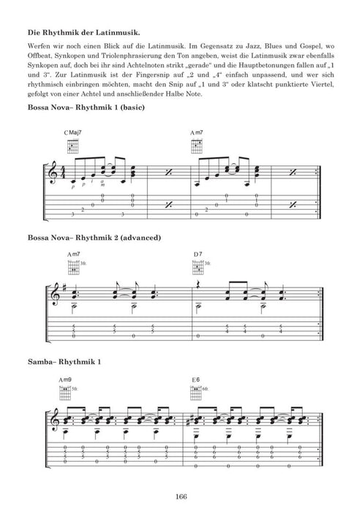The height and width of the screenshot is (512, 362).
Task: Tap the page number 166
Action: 182,498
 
